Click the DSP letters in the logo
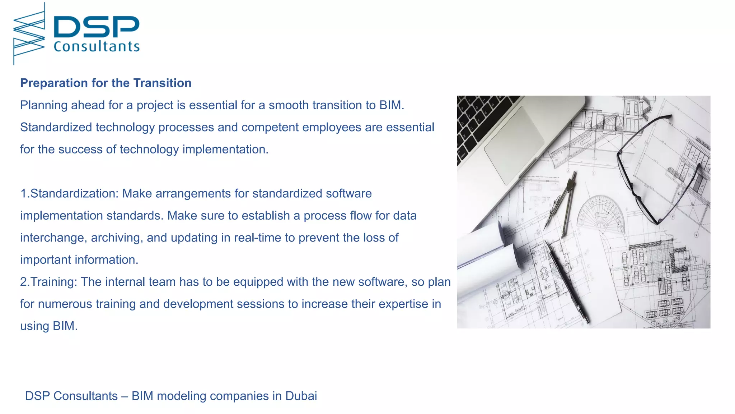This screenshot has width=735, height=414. click(96, 27)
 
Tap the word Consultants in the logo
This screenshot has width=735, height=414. click(96, 47)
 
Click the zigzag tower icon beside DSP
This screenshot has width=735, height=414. click(29, 34)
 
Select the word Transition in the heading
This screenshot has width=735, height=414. click(162, 83)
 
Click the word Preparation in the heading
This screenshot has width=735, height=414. click(54, 83)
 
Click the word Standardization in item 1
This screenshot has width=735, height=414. click(74, 194)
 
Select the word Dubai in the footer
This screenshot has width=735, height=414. click(301, 396)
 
